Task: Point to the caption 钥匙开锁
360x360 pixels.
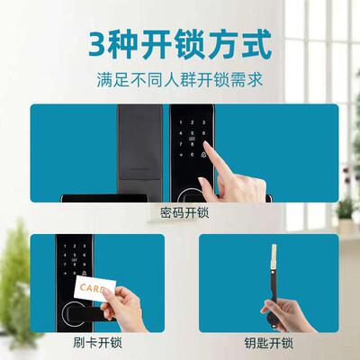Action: pos(268,343)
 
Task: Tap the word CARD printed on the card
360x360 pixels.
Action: pos(93,289)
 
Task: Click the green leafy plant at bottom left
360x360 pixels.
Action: pos(16,270)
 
